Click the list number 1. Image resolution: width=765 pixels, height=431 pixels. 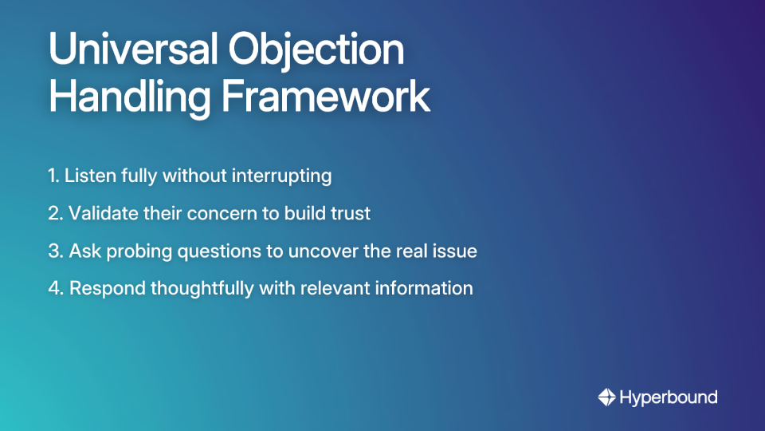click(x=53, y=176)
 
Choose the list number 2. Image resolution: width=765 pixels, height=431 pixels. click(x=54, y=213)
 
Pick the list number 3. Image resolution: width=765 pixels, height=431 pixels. click(x=54, y=251)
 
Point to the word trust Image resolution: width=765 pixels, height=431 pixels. click(x=352, y=213)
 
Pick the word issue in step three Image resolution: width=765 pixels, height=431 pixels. click(x=456, y=251)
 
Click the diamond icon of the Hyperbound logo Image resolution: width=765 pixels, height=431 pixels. click(x=606, y=397)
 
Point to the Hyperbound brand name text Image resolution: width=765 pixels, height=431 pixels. click(x=669, y=397)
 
